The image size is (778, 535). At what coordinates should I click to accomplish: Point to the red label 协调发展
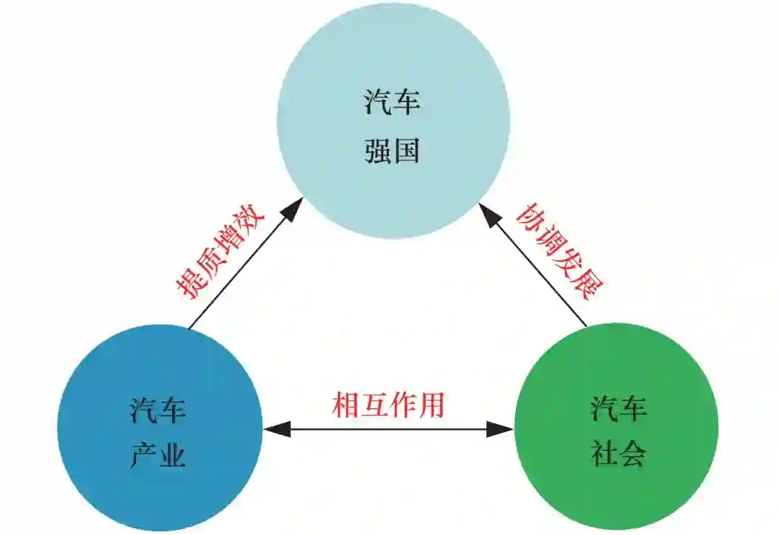click(559, 252)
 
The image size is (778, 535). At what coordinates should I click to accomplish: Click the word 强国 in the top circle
click(392, 152)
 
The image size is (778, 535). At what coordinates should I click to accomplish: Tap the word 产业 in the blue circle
click(158, 455)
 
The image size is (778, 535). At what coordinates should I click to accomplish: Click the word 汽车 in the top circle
click(392, 102)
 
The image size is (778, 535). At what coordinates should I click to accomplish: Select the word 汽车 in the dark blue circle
click(158, 410)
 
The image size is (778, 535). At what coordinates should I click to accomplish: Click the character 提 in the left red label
click(189, 285)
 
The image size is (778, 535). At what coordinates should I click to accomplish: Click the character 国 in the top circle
click(406, 152)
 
